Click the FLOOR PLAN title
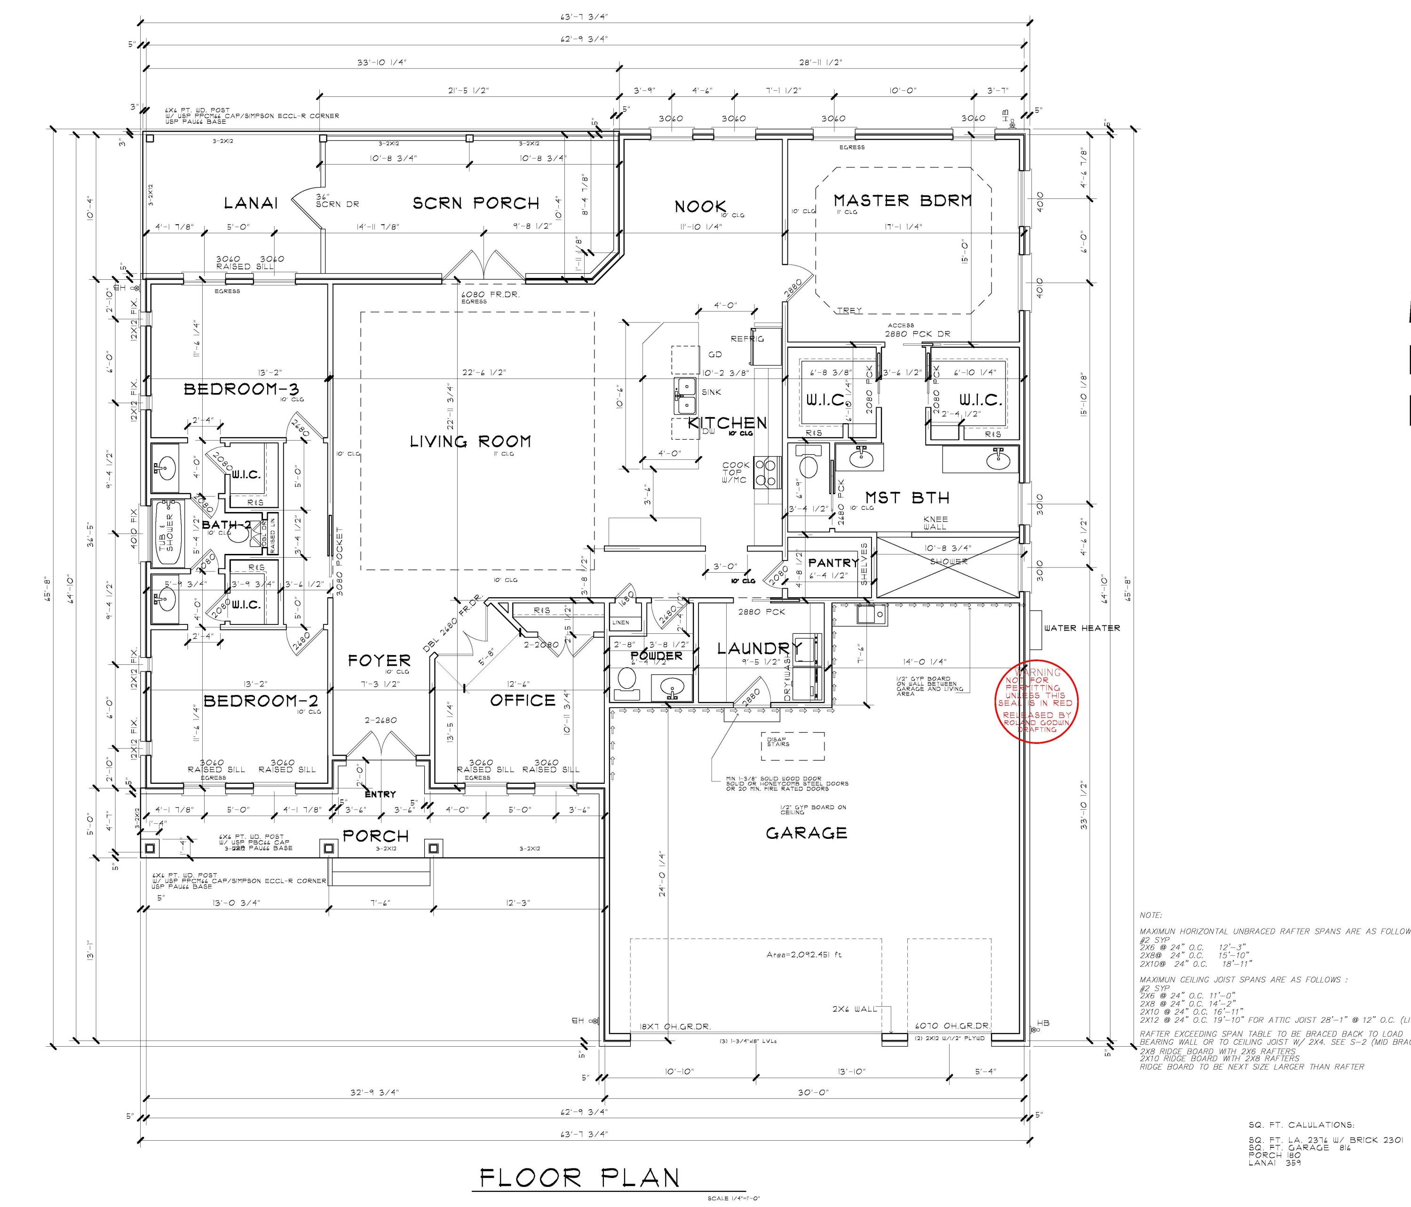tap(579, 1178)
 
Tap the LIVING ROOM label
tap(470, 442)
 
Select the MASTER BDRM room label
tap(902, 201)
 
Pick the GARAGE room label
tap(806, 833)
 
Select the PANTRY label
tap(833, 563)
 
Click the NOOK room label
tap(700, 207)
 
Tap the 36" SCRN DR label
tap(336, 201)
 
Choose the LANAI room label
tap(251, 204)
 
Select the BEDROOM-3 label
tap(241, 389)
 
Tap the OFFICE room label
tap(523, 701)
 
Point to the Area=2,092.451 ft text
tap(803, 955)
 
